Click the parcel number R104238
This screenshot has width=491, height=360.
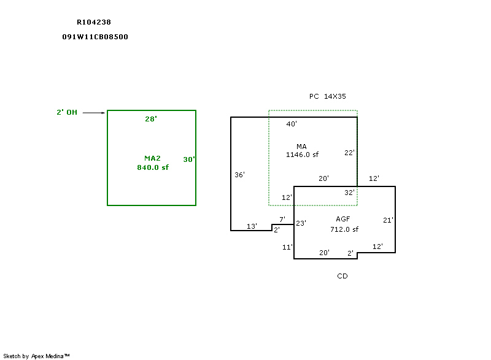tap(94, 21)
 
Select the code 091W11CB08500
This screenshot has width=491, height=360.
tap(95, 37)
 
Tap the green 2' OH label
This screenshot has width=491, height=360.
tap(67, 112)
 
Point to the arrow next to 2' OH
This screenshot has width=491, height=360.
tap(93, 113)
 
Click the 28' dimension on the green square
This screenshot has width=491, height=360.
tap(151, 119)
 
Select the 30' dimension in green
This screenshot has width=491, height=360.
tap(189, 159)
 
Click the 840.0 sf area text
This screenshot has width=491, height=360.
tap(153, 167)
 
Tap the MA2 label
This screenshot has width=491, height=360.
tap(152, 158)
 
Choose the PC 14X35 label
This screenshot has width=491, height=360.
tap(328, 97)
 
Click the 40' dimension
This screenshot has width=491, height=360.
tap(292, 124)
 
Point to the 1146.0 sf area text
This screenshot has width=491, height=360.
tap(302, 155)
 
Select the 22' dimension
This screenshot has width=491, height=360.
tap(349, 153)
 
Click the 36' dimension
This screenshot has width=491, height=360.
tap(240, 175)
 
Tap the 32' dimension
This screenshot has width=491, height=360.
tap(349, 193)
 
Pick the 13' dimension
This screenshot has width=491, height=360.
tap(252, 226)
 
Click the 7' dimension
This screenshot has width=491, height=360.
tap(282, 220)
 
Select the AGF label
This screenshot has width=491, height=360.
tap(342, 220)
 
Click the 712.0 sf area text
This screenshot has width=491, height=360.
tap(344, 229)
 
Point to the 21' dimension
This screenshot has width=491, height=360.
tap(388, 220)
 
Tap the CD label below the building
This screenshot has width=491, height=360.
tap(342, 276)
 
